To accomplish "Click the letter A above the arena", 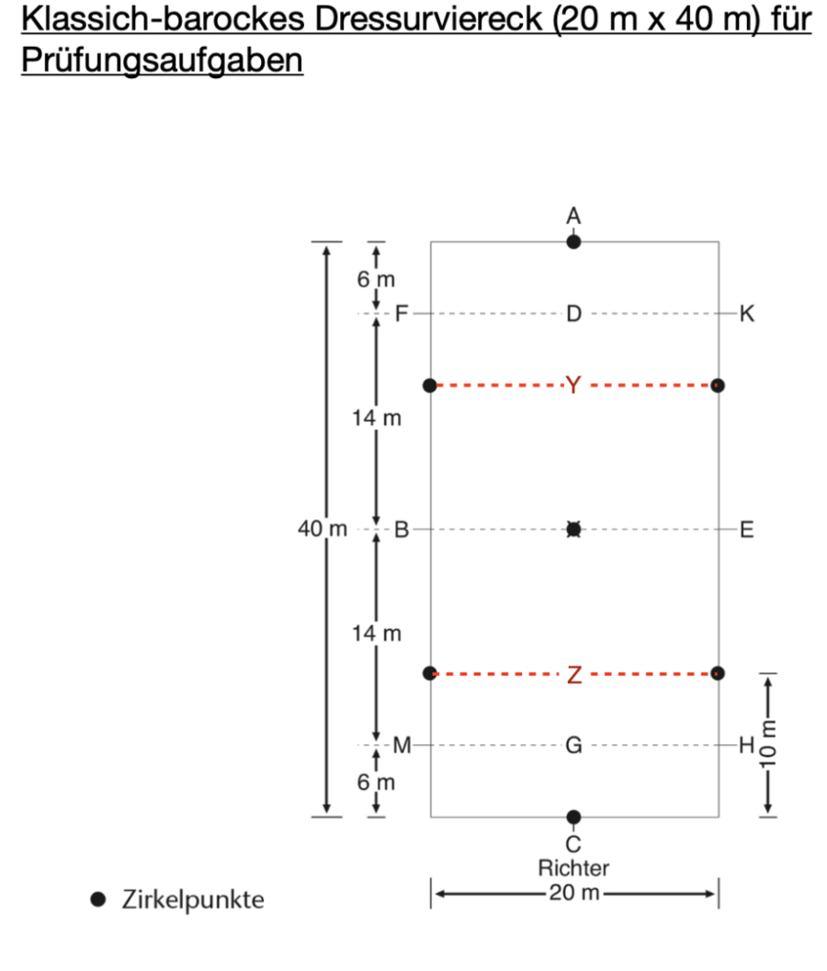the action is (573, 216).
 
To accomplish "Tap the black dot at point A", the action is (573, 242).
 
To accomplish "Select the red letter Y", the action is (573, 385).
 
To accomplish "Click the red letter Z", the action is (574, 674).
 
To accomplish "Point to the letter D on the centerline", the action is (573, 313).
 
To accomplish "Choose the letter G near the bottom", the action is (573, 745).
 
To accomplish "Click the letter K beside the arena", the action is (747, 313).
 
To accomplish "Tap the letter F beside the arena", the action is (402, 313).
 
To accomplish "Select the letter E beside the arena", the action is (747, 529).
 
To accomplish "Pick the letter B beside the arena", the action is (402, 529).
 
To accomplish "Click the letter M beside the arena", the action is (402, 745).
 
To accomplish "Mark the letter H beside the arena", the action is (747, 745).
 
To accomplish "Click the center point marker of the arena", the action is (573, 529).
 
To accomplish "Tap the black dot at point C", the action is (573, 817).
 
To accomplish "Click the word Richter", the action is (573, 868).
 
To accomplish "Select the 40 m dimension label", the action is (323, 529).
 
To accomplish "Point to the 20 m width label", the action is (574, 892).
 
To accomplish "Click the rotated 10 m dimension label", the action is (768, 744).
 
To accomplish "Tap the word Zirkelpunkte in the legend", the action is (193, 899).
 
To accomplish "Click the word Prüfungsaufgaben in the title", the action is (163, 60).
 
